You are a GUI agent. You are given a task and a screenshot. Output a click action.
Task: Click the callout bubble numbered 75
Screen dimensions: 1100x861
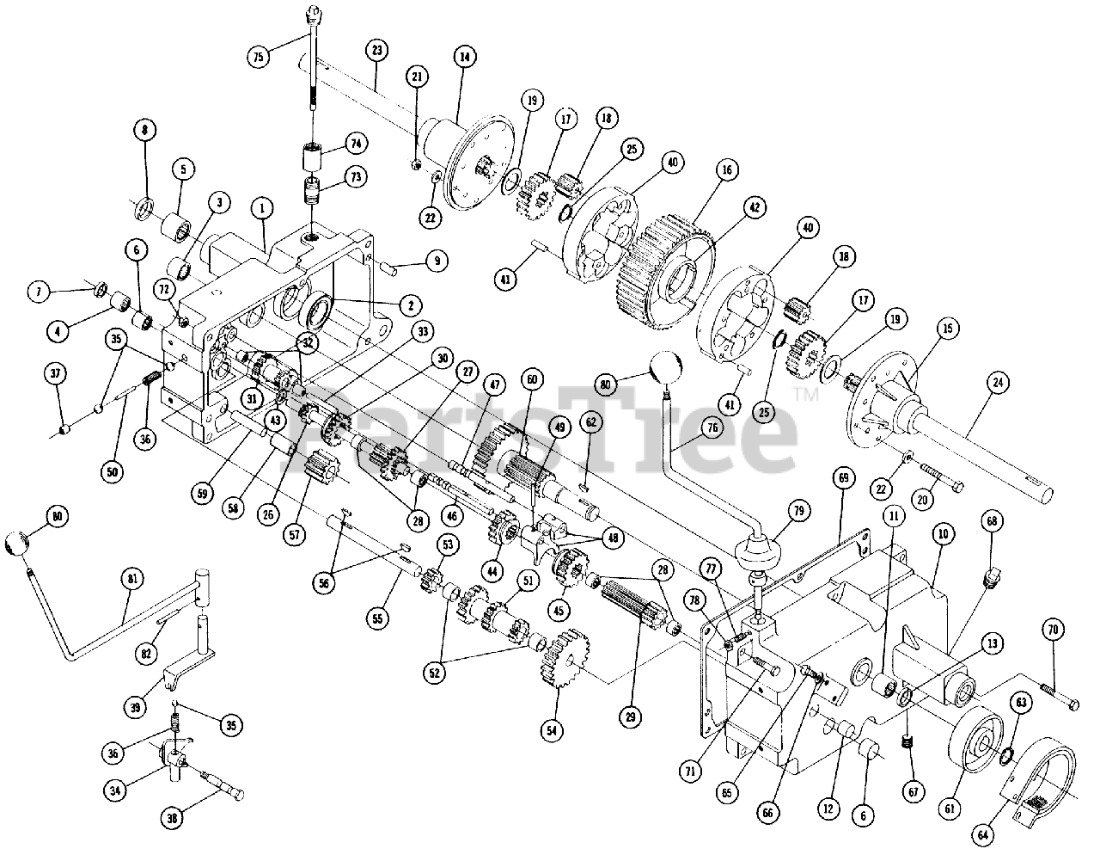coord(258,57)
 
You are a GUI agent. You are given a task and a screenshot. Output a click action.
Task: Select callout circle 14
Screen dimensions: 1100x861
coord(464,57)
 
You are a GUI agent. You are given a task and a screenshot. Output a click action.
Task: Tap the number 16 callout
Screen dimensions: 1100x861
coord(727,170)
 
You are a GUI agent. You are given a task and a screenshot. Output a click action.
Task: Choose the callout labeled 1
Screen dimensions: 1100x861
coord(262,207)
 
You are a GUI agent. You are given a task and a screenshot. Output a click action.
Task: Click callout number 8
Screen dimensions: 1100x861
coord(144,131)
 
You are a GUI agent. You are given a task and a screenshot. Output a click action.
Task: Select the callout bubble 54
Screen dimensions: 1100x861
coord(551,730)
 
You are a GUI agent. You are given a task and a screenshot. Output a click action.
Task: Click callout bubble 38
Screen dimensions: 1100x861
coord(172,820)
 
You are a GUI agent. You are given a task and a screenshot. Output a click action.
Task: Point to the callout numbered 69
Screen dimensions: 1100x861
coord(842,476)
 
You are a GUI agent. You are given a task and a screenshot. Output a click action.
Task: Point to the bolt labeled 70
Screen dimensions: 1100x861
coord(1057,698)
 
